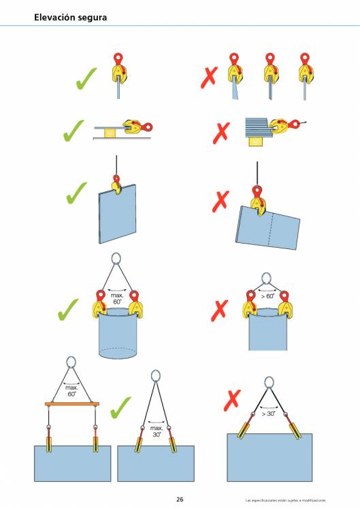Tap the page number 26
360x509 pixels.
(x=180, y=499)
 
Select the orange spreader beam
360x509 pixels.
(x=71, y=404)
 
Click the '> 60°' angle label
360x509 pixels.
(x=268, y=296)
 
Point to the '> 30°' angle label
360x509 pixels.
(x=268, y=414)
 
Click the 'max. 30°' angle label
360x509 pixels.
(x=157, y=431)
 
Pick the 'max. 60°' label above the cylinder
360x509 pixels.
(x=117, y=299)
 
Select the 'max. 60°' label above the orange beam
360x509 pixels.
(x=71, y=391)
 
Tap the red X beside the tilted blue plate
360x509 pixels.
(x=220, y=201)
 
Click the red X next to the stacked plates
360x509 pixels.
(x=221, y=133)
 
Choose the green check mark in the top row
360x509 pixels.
(x=86, y=78)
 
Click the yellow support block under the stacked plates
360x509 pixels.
(x=255, y=142)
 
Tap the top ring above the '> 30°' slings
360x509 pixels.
(x=269, y=382)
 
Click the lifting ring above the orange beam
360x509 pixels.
(x=71, y=362)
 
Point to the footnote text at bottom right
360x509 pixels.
(x=285, y=500)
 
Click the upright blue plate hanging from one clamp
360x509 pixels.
(x=117, y=214)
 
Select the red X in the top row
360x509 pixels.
(x=209, y=78)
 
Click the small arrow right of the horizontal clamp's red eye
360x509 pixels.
(x=304, y=122)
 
